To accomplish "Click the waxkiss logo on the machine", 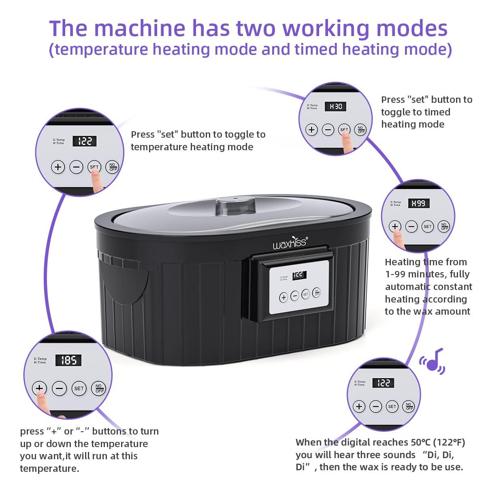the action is coord(290,243).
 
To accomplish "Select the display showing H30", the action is coord(335,107).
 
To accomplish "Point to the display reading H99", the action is coord(419,203).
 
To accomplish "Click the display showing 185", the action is coord(68,360).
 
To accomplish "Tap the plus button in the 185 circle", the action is coord(39,388).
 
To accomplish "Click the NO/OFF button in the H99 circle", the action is coord(444,226).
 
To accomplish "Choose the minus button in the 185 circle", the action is coord(59,388).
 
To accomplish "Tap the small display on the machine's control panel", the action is coord(299,275).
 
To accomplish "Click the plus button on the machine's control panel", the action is coord(283,297).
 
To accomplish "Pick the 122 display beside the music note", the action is coord(384,383).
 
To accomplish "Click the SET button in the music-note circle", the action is coord(392,406).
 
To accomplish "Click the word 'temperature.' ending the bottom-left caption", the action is coord(50,468).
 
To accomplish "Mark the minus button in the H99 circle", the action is coord(411,226).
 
